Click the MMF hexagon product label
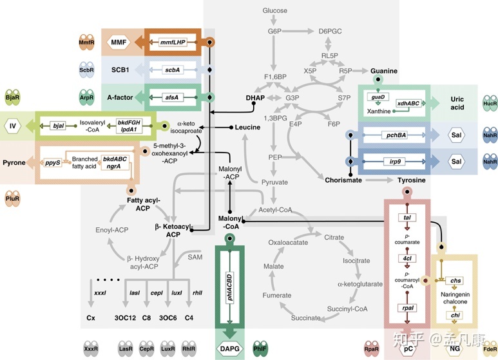coord(119,43)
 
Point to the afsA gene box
coord(172,97)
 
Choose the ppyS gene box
coord(53,163)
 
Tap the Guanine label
coord(384,70)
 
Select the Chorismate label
coord(343,180)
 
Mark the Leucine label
coord(247,128)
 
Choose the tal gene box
coord(407,218)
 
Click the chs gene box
coord(456,281)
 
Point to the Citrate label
coord(334,237)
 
